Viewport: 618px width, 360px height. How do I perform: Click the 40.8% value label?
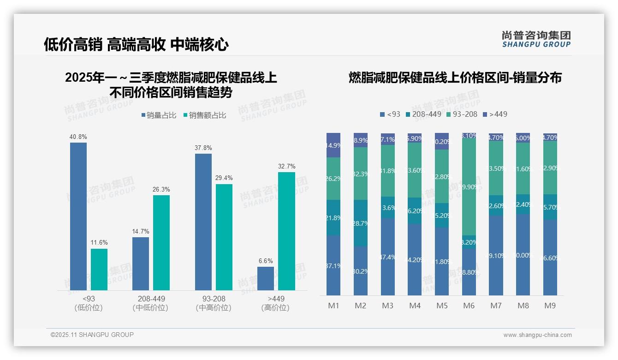click(x=78, y=137)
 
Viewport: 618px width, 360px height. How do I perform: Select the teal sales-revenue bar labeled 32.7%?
click(x=286, y=231)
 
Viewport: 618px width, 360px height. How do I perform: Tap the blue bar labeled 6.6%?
click(x=265, y=278)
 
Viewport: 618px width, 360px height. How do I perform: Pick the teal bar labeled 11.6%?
click(x=99, y=270)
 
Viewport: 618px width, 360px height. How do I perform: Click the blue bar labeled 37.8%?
click(x=203, y=222)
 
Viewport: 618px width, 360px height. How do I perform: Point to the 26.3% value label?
click(x=161, y=189)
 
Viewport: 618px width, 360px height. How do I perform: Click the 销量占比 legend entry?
click(x=159, y=115)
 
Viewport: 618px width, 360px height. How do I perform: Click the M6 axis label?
click(x=469, y=306)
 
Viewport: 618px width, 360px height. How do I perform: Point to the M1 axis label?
click(x=333, y=306)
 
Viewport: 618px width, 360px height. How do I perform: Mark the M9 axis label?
click(x=550, y=306)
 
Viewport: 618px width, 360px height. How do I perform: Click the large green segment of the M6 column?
click(x=469, y=186)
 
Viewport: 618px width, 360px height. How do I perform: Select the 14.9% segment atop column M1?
click(x=333, y=145)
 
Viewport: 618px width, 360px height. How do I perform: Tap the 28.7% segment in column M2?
click(x=360, y=223)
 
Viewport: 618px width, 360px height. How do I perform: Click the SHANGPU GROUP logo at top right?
click(x=536, y=39)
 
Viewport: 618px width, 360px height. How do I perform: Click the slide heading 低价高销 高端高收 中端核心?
click(x=136, y=45)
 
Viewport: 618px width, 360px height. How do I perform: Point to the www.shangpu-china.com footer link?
click(x=537, y=335)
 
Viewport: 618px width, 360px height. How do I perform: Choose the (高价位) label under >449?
click(x=275, y=308)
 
